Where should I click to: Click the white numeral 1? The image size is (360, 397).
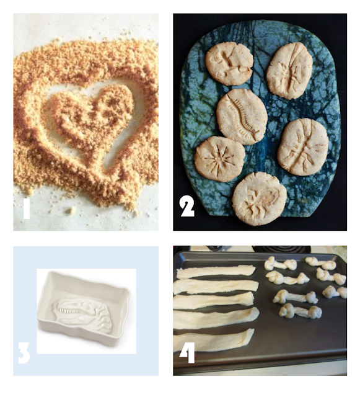tap(26, 209)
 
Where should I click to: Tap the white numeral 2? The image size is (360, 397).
tap(187, 207)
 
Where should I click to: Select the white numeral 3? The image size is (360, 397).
tap(24, 353)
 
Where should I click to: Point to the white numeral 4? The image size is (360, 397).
tap(188, 352)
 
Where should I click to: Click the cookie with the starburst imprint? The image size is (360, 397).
tap(219, 159)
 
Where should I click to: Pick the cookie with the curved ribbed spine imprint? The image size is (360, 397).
tap(242, 117)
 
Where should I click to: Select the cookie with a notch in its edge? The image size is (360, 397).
tap(229, 63)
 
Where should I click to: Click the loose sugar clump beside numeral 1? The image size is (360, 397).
tap(72, 210)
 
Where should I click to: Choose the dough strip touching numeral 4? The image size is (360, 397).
tap(214, 339)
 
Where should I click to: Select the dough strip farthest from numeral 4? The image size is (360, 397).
tap(216, 272)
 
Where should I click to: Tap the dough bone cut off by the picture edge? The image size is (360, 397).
tap(335, 292)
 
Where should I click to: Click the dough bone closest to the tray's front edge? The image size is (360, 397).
tap(301, 311)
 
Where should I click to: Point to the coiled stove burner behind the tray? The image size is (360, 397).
tap(281, 249)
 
